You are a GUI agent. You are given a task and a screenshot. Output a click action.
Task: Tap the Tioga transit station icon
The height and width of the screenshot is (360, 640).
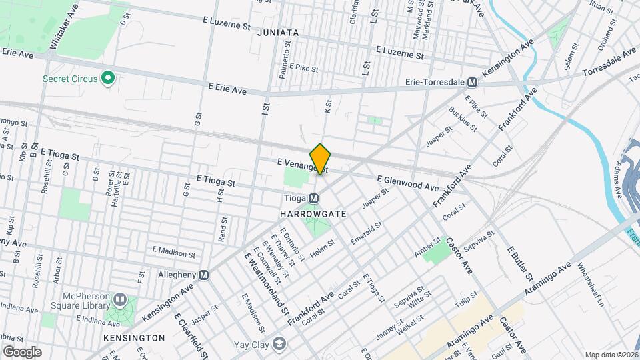[x=313, y=198]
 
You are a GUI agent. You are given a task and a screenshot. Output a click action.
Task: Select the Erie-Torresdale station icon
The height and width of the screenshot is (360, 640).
[x=472, y=83]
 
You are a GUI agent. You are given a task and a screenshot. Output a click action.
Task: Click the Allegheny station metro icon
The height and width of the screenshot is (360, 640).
[x=203, y=275]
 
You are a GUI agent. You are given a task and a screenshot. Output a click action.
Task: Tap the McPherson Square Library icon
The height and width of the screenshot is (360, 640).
[x=120, y=299]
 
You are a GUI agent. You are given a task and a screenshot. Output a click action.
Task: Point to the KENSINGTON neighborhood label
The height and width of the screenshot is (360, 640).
[x=134, y=338]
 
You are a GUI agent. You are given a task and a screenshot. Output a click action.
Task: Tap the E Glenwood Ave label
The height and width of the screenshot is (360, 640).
[x=407, y=183]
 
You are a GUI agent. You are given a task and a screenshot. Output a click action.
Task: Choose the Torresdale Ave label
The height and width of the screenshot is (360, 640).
[x=609, y=63]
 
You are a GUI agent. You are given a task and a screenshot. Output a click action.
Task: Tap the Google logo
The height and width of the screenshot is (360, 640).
[x=22, y=351]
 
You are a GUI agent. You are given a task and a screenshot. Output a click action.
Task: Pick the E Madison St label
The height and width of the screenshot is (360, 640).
[x=173, y=252]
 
